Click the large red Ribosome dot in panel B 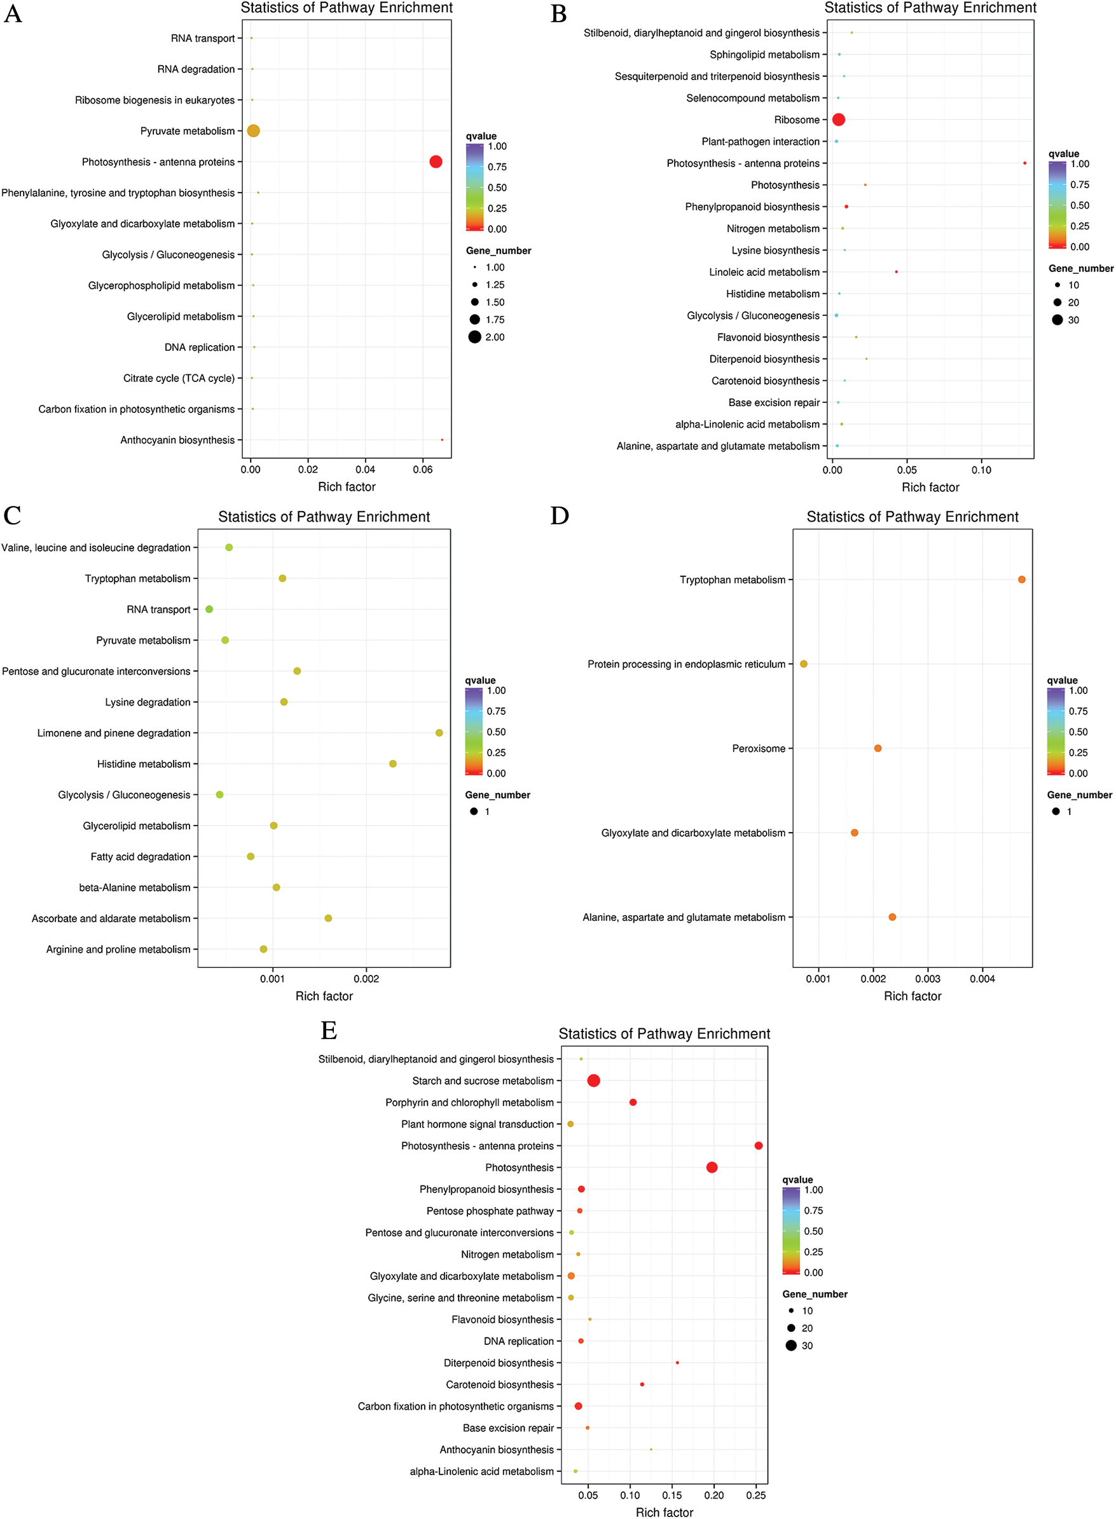838,119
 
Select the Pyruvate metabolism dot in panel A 253,131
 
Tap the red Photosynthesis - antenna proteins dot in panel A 436,162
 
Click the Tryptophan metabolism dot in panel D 1021,580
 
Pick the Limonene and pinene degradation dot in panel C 439,733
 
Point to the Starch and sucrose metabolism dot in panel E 594,1081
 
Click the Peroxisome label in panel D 759,749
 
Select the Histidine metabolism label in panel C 144,764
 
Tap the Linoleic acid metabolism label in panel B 764,272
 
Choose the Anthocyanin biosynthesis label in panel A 177,440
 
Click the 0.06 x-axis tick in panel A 423,470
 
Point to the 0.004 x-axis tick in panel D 982,979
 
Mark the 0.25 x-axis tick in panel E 756,1495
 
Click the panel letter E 329,1031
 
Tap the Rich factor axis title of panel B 930,487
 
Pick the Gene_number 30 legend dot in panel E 791,1345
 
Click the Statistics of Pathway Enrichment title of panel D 912,517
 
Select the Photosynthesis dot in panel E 712,1168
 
